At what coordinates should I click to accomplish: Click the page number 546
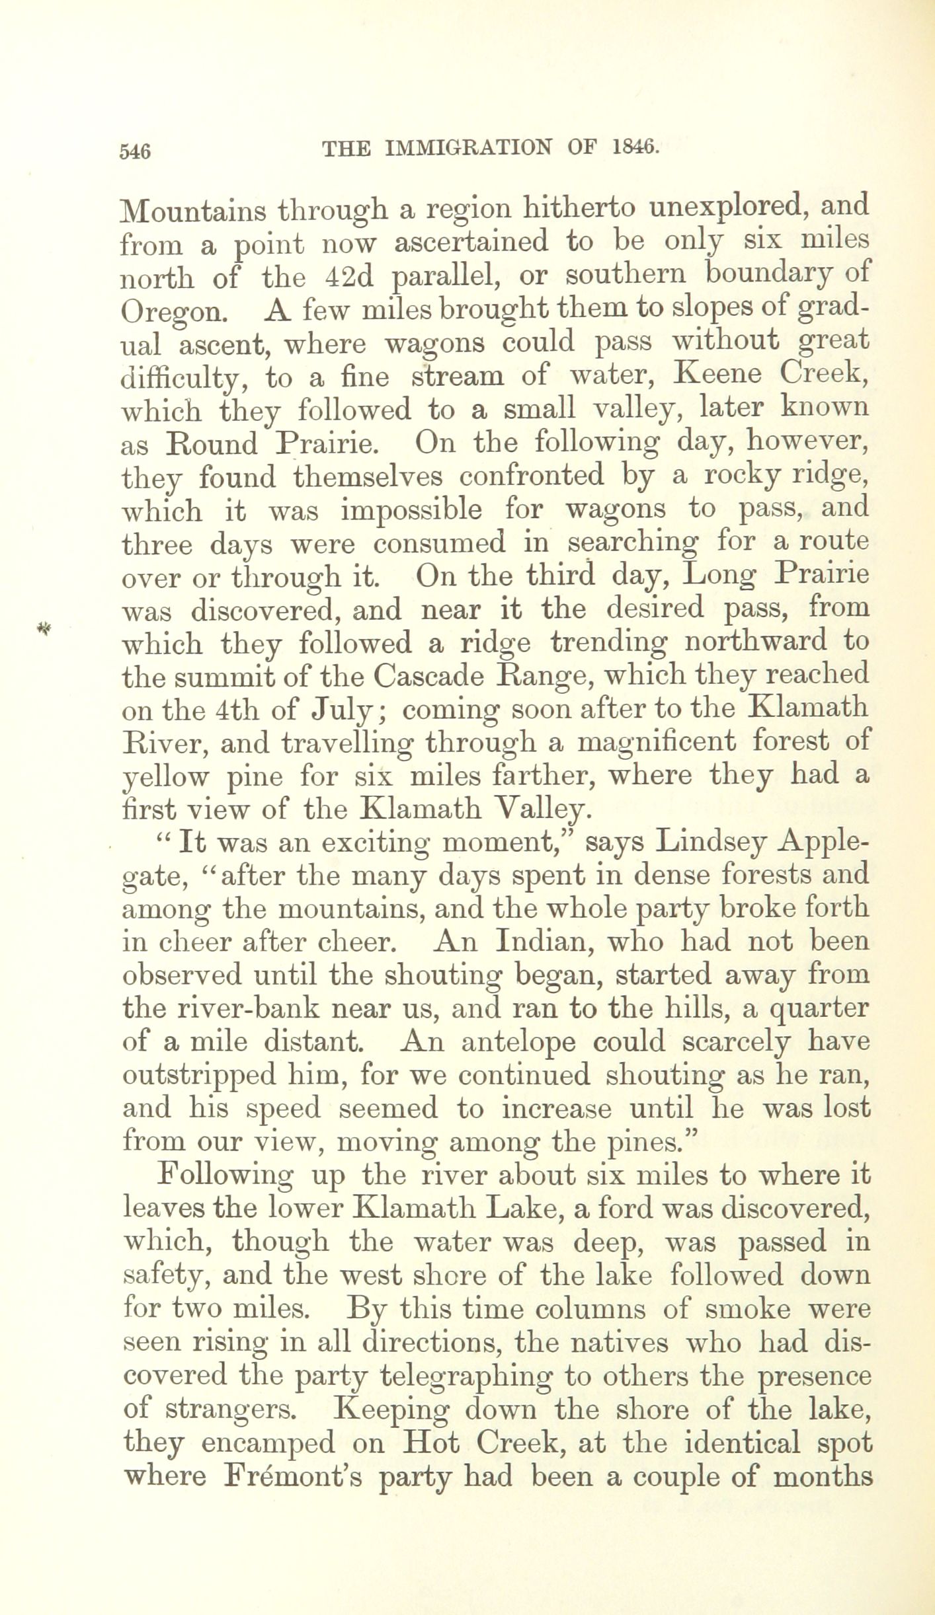click(x=136, y=151)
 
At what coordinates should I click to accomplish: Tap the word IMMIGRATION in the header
click(x=467, y=148)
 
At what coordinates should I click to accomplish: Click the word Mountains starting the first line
click(x=193, y=210)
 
